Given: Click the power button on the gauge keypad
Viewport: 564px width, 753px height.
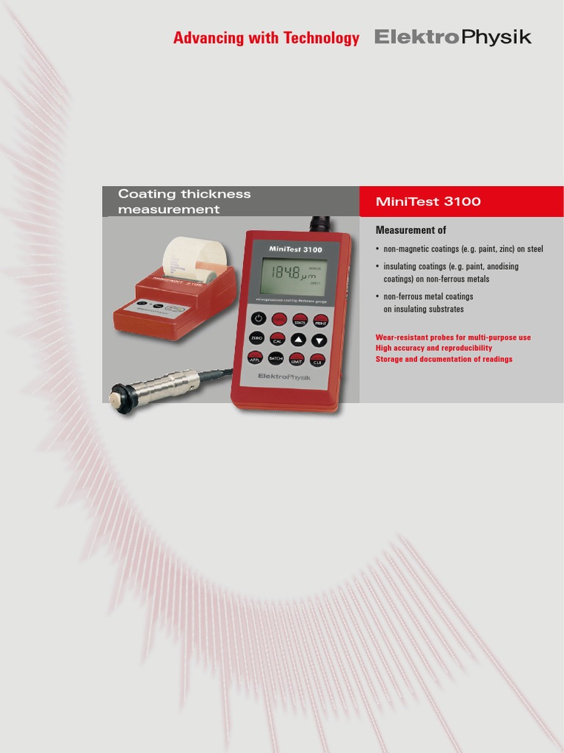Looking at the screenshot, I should (258, 318).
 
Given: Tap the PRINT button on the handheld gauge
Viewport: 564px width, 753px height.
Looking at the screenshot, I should (320, 320).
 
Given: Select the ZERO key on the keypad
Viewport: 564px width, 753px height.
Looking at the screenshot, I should (256, 338).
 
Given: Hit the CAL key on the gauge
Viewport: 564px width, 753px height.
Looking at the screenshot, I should (278, 340).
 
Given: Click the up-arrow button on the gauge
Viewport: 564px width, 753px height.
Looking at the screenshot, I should (298, 340).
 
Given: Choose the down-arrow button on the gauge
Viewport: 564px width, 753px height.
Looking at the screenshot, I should (319, 340).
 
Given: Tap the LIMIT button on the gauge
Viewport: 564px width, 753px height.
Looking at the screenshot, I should (297, 359).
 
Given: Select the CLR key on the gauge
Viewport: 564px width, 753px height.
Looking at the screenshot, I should (318, 360).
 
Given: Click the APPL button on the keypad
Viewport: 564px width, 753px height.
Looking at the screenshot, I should (256, 358).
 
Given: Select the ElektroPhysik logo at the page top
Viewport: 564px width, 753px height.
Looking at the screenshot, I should (452, 38).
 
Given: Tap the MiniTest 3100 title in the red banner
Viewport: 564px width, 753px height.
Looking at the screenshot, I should (428, 201).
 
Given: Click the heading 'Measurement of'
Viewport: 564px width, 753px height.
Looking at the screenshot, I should (411, 230).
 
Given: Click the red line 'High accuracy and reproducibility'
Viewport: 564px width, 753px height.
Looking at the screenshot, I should (433, 348).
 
